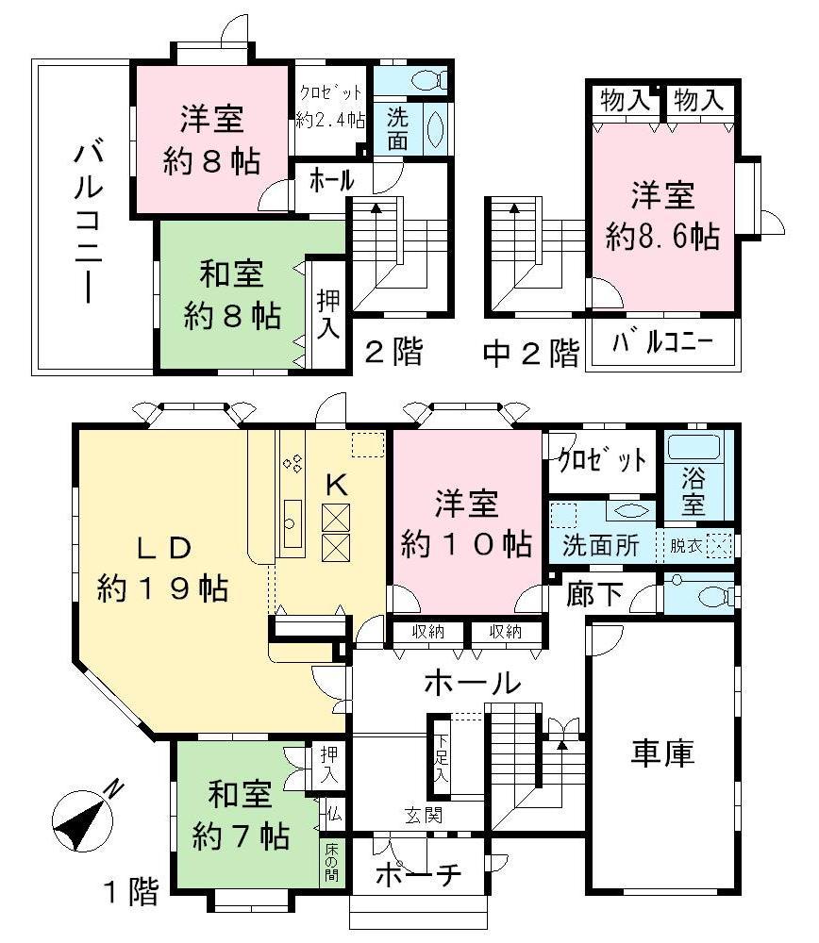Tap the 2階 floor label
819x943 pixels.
pyautogui.click(x=393, y=353)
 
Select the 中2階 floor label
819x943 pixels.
pyautogui.click(x=531, y=353)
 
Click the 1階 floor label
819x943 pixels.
pyautogui.click(x=130, y=891)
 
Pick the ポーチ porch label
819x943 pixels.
pyautogui.click(x=418, y=874)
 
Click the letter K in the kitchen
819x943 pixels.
pyautogui.click(x=337, y=485)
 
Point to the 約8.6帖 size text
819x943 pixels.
pyautogui.click(x=662, y=236)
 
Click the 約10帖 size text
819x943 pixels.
pyautogui.click(x=466, y=544)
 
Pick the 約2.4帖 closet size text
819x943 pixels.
pyautogui.click(x=330, y=120)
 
